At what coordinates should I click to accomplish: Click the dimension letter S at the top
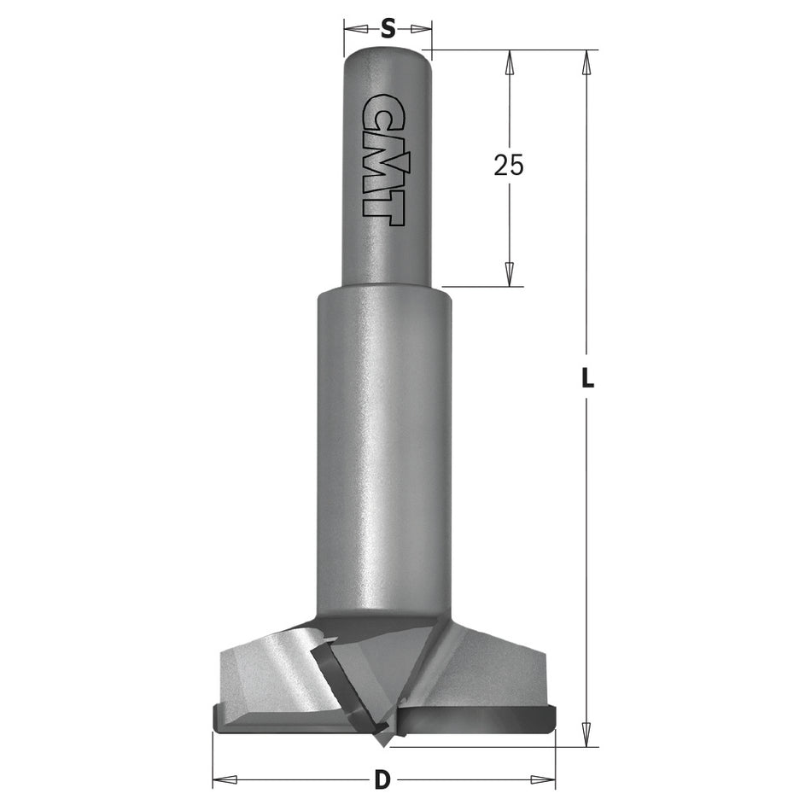tap(388, 29)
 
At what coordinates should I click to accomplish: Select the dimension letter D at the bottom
tap(382, 779)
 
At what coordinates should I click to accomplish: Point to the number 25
tap(509, 166)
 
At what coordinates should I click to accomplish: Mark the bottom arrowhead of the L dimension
tap(586, 732)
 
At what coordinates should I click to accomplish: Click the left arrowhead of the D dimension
tap(224, 779)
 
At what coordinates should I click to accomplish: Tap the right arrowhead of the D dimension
tap(544, 779)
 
